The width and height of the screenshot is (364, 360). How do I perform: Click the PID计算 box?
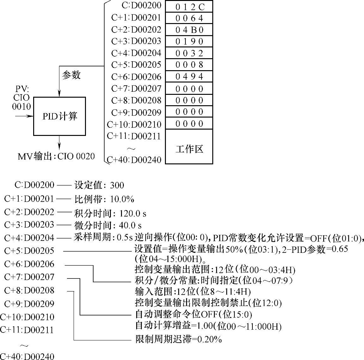pos(59,116)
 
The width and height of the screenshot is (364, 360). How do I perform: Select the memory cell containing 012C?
pos(189,7)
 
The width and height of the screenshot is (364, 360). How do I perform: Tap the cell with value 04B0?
pos(189,30)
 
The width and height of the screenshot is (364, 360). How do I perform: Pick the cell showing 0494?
pos(189,77)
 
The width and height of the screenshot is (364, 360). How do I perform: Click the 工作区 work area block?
pos(189,149)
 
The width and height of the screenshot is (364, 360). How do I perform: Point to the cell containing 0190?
pos(189,42)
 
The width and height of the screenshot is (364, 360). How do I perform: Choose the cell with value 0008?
pos(189,65)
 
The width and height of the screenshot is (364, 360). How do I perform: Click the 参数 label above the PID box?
pos(71,75)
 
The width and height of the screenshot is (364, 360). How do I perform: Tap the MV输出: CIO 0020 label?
pos(56,156)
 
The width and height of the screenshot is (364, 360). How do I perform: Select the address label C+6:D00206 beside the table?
pos(136,77)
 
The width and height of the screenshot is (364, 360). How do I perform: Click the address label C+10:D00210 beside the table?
pos(134,124)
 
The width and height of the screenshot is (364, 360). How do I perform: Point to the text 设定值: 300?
pos(99,185)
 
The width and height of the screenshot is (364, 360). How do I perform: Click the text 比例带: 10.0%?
pos(104,199)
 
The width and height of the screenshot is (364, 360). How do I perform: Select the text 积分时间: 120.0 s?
pos(110,213)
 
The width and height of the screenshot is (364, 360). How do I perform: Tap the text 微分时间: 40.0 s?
pos(107,225)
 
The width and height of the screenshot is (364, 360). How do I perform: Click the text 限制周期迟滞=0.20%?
pos(178,340)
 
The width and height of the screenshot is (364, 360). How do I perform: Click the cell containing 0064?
pos(189,18)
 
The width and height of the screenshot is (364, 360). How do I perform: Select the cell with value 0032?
pos(189,53)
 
